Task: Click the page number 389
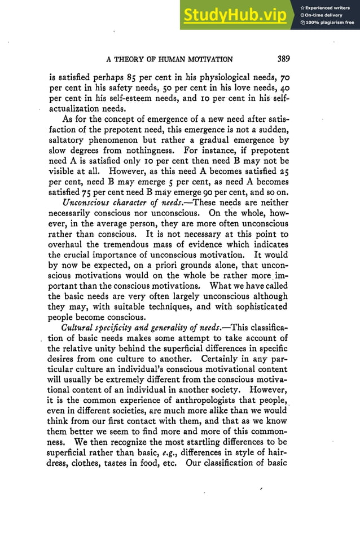pos(280,59)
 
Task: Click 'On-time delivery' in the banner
pos(326,15)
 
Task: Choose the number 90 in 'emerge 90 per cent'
pos(217,192)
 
